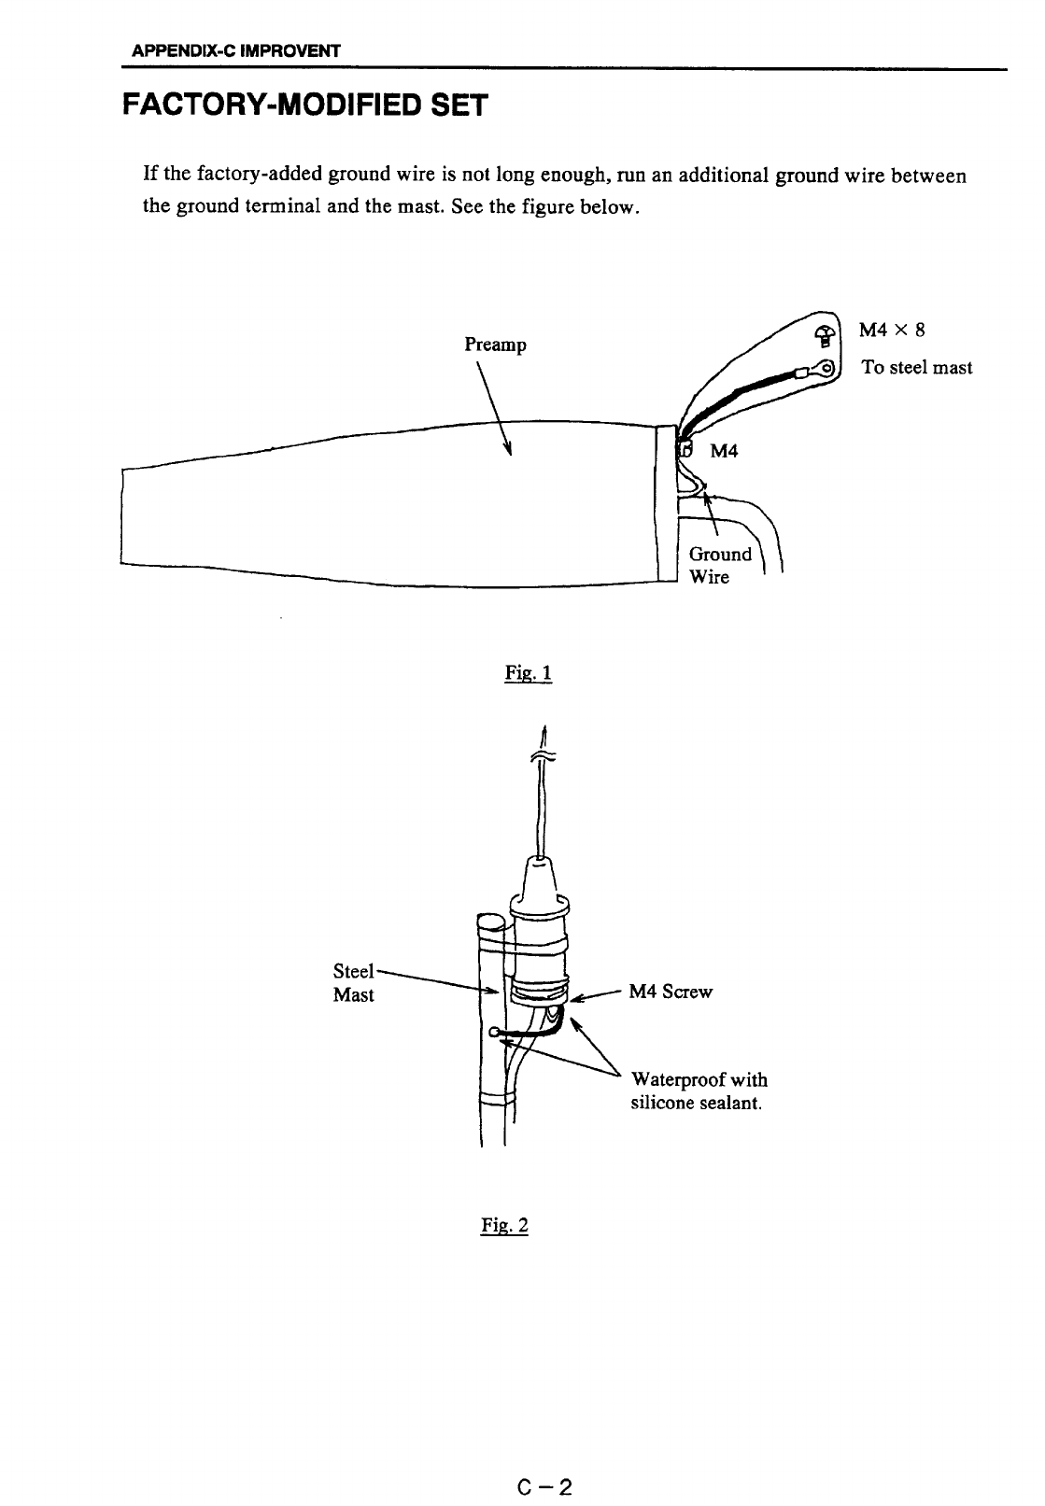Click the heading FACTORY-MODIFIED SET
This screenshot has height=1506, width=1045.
point(304,105)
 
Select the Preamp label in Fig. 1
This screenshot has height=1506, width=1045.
point(495,345)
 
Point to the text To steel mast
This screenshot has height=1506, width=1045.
point(916,367)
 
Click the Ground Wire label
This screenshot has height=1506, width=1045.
point(719,565)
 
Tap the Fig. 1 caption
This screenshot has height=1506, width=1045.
point(529,672)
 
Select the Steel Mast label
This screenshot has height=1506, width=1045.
point(354,982)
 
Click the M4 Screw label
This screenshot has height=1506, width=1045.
point(671,992)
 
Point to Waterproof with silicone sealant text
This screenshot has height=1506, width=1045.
point(699,1091)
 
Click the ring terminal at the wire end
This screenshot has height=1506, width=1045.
point(825,367)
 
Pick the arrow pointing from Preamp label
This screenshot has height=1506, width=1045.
point(494,405)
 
